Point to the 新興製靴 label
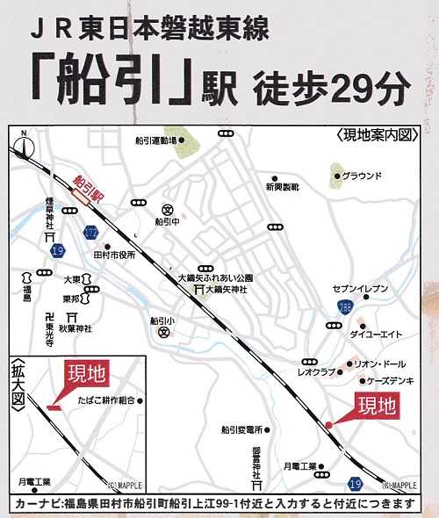pyautogui.click(x=283, y=187)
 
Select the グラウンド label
pyautogui.click(x=363, y=175)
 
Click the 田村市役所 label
pyautogui.click(x=113, y=255)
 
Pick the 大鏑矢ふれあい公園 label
pyautogui.click(x=215, y=277)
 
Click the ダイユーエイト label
pyautogui.click(x=376, y=334)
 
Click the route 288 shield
pyautogui.click(x=345, y=306)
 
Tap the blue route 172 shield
pyautogui.click(x=91, y=233)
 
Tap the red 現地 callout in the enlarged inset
pyautogui.click(x=86, y=374)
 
